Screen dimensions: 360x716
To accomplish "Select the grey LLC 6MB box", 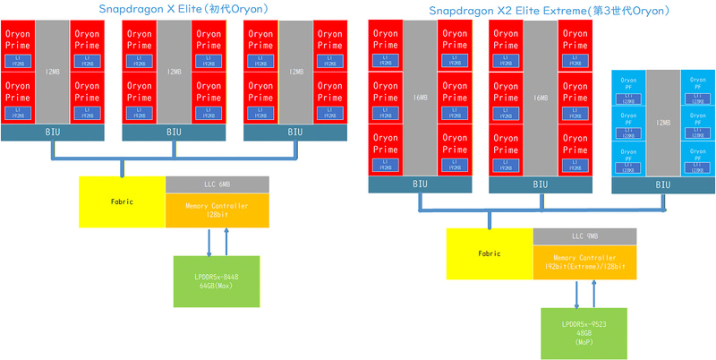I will (217, 184).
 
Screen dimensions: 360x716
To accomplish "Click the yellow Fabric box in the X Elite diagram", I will (122, 201).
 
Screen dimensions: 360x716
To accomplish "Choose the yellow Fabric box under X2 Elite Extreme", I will (490, 253).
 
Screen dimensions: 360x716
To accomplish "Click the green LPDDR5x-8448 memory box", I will (216, 281).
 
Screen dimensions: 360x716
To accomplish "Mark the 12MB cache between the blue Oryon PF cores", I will (663, 122).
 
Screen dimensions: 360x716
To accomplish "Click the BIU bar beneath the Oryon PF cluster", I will (663, 184).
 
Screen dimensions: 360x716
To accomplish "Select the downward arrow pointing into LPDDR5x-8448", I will (209, 242).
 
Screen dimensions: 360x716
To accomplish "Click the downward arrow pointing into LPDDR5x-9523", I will (576, 294).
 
